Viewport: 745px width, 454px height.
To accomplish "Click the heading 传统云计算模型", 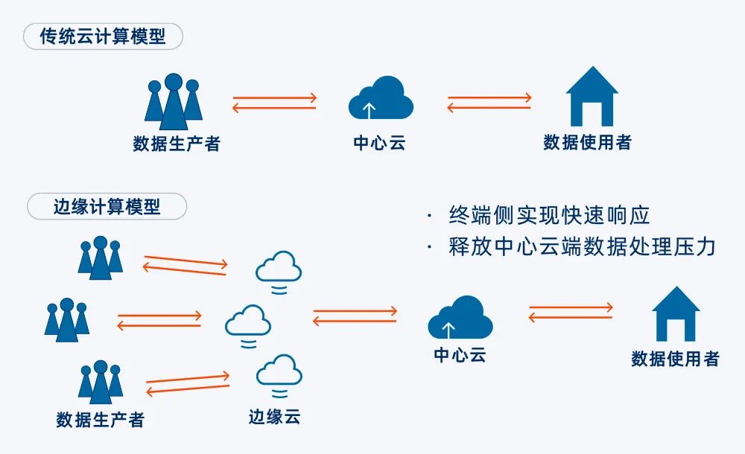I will (103, 36).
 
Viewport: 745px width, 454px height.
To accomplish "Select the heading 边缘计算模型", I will (107, 206).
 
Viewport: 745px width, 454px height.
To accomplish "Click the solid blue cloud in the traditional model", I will (381, 99).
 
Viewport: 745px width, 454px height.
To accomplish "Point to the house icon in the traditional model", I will (592, 96).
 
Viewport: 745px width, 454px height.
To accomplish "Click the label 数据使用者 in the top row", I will (587, 142).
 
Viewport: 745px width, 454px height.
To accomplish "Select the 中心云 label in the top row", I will (379, 143).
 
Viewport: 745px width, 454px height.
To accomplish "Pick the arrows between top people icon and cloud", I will (274, 103).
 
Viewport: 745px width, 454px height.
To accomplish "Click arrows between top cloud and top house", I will (489, 103).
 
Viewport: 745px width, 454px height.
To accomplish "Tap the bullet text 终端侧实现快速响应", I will (550, 215).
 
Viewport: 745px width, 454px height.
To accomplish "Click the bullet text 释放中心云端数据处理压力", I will (582, 247).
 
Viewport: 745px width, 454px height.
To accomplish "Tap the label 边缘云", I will (274, 416).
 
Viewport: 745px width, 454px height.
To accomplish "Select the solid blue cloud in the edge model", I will (460, 318).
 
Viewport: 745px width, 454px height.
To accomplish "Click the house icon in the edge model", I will (676, 315).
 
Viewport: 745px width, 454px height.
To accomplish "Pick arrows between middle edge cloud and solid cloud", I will (355, 316).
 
